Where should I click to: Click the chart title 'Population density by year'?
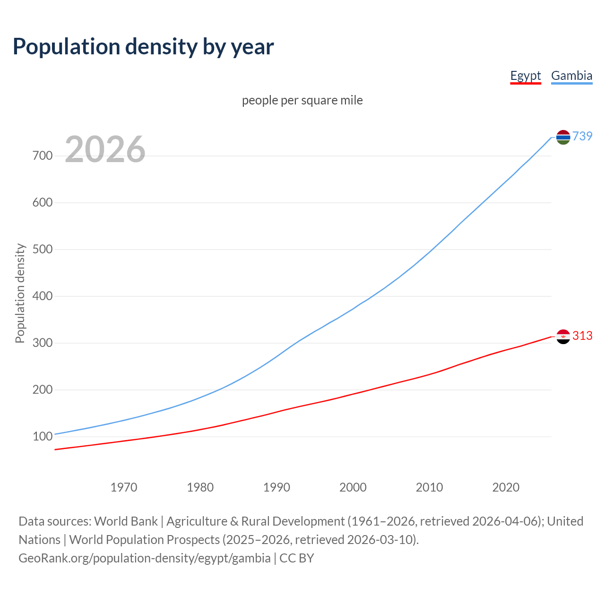point(143,46)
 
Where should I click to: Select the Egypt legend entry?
point(525,76)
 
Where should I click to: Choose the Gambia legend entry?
point(571,76)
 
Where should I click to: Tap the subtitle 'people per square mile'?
point(302,100)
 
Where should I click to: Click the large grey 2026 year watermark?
point(105,149)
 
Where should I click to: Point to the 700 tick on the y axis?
point(43,156)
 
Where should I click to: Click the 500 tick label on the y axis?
point(43,249)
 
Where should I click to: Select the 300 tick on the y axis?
point(43,343)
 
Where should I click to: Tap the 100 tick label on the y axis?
point(43,436)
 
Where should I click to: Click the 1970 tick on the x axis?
point(124,487)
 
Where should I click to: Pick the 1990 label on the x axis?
point(277,487)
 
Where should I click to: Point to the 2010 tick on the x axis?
point(429,487)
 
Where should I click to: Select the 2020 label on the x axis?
point(506,487)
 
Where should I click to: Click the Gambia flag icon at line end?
point(563,137)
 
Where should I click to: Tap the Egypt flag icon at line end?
point(563,337)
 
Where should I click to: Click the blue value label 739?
point(582,136)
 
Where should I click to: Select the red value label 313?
point(582,336)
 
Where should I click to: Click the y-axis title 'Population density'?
point(20,293)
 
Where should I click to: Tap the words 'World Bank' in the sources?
point(126,521)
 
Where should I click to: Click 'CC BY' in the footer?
point(297,558)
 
